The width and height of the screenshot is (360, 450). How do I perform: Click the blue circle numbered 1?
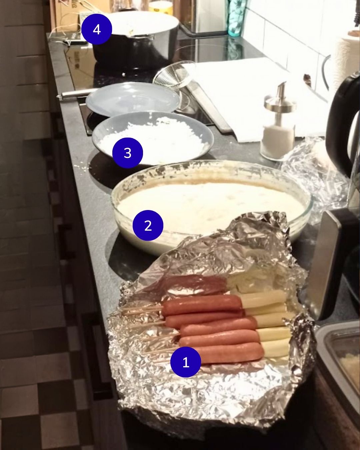click(186, 362)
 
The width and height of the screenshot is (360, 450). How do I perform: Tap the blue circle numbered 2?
click(148, 225)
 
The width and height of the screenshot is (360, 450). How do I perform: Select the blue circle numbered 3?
click(128, 153)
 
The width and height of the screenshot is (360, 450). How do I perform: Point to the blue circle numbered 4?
click(97, 29)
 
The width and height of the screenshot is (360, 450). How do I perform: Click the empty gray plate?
click(133, 99)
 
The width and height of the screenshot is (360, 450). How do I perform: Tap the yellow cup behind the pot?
click(161, 7)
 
